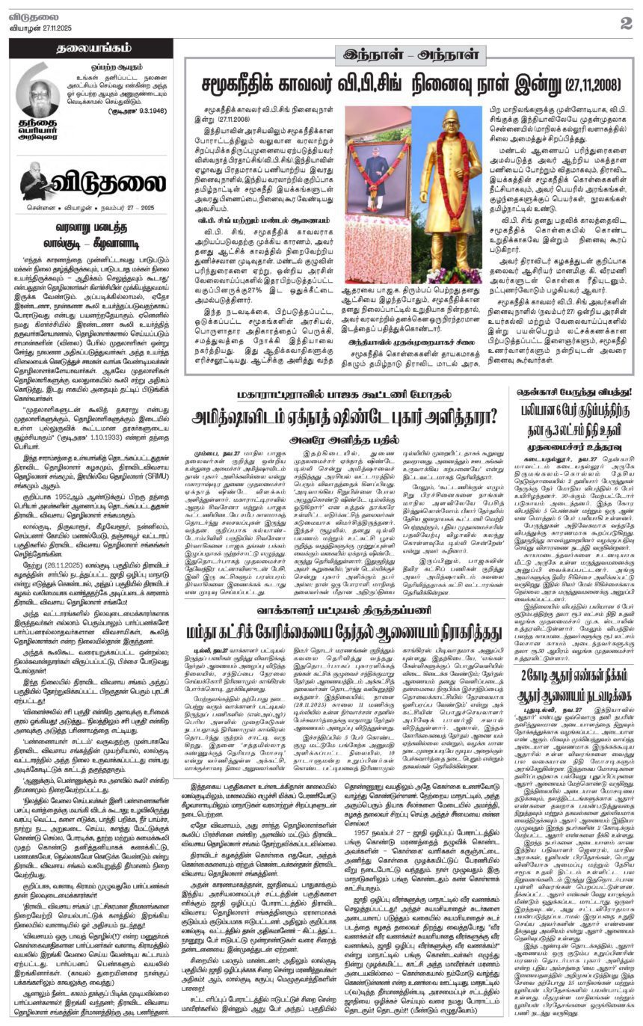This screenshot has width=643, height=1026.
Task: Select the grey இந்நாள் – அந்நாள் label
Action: [409, 55]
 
